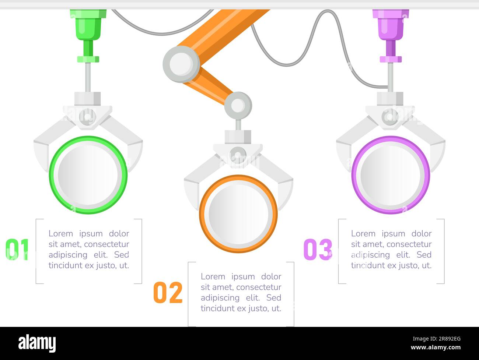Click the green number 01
(17, 250)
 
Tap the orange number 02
(168, 293)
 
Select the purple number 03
(318, 250)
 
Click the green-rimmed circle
(88, 175)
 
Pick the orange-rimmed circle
(238, 214)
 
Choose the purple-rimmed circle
(391, 175)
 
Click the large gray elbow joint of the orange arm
(181, 64)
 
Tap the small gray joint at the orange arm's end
(238, 105)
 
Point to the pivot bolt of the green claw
(87, 117)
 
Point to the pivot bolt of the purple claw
(390, 117)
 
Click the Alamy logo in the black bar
(37, 343)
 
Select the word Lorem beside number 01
(61, 233)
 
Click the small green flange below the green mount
(88, 59)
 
